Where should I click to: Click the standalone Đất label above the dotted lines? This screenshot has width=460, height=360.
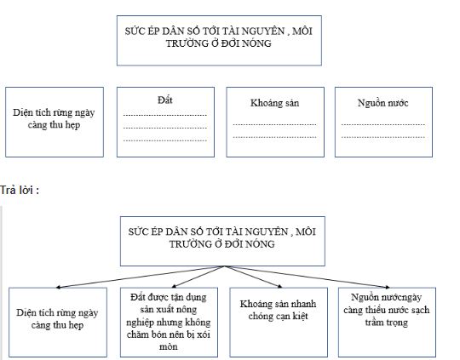click(165, 100)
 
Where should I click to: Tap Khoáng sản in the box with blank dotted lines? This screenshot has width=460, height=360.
click(274, 103)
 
